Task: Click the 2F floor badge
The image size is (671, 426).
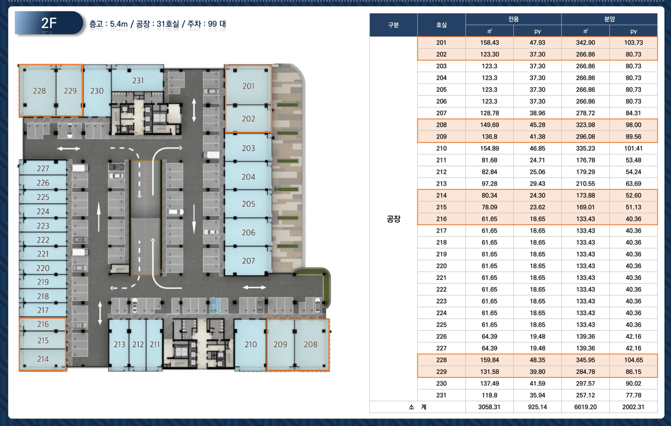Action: [x=49, y=23]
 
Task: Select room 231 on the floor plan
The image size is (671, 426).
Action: [x=138, y=80]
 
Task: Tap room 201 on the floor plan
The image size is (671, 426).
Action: [x=249, y=86]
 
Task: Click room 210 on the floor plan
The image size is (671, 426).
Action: [x=251, y=344]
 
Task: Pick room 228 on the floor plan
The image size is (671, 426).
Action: [x=39, y=91]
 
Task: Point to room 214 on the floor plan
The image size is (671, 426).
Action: [x=43, y=359]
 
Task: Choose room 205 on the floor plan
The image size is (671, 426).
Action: [x=249, y=204]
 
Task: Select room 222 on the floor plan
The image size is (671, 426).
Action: [x=43, y=239]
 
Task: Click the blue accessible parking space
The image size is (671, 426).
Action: [x=214, y=305]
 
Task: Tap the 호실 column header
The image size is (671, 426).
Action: [x=441, y=25]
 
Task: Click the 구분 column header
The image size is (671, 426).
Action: [x=393, y=25]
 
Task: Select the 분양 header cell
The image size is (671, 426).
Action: [x=609, y=19]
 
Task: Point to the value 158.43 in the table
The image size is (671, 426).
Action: [x=489, y=42]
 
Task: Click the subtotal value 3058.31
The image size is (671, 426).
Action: [x=489, y=407]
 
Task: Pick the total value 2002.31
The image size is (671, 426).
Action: [x=633, y=407]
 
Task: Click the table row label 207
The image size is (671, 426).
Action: [x=441, y=113]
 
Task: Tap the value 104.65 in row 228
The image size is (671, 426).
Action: [x=634, y=360]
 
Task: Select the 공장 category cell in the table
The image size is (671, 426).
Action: [x=393, y=219]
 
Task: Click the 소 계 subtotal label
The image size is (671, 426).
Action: [x=418, y=407]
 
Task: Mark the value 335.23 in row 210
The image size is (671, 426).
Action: [x=585, y=148]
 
